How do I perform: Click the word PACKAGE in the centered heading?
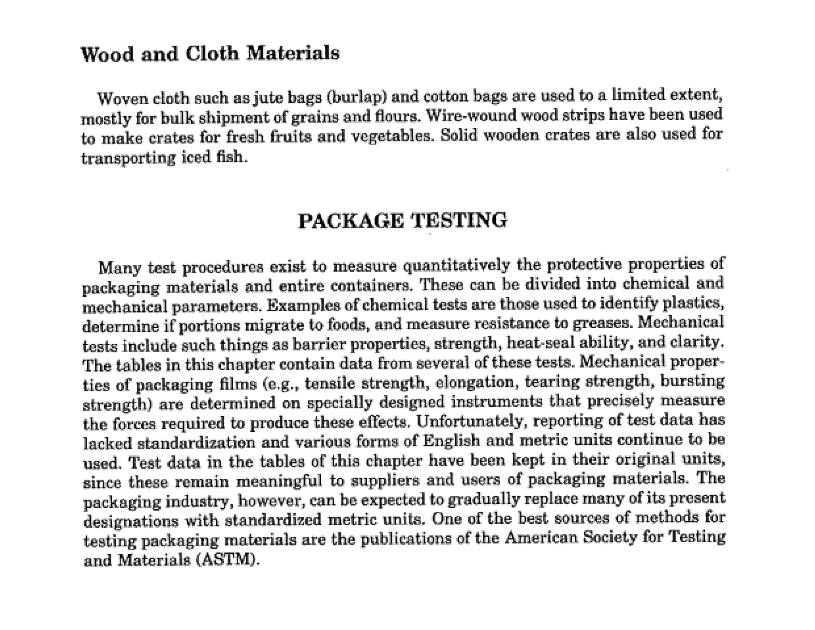pyautogui.click(x=351, y=221)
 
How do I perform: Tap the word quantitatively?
pyautogui.click(x=456, y=265)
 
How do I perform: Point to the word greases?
pyautogui.click(x=602, y=324)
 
